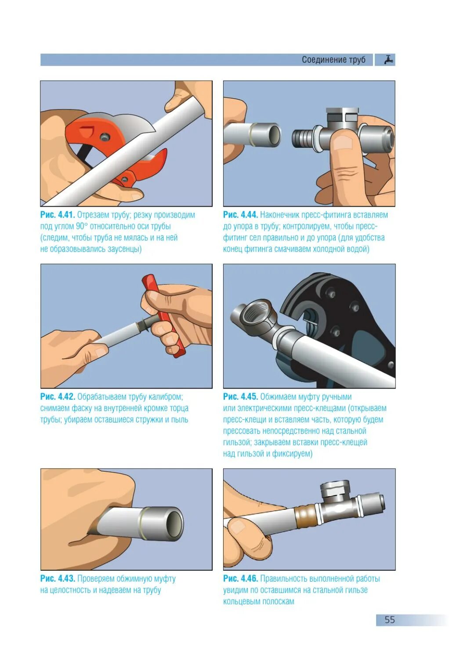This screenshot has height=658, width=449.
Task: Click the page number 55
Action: coord(390,620)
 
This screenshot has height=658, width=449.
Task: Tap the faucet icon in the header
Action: coord(388,60)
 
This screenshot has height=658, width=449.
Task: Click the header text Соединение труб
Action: coord(333,60)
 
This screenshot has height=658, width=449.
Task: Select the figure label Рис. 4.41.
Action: coord(58,215)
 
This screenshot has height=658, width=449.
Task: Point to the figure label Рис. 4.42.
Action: coord(58,397)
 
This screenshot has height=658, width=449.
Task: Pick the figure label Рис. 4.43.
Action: coord(58,579)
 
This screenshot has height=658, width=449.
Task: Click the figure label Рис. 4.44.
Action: coord(241,215)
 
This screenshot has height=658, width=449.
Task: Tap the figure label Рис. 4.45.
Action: coord(241,397)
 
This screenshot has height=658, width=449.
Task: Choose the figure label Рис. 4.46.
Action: coord(241,579)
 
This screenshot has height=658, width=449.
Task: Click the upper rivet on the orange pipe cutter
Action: coord(104,136)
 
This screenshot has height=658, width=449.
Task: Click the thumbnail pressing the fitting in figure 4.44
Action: coord(342,143)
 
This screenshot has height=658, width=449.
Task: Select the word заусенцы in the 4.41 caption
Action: coord(125,249)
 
